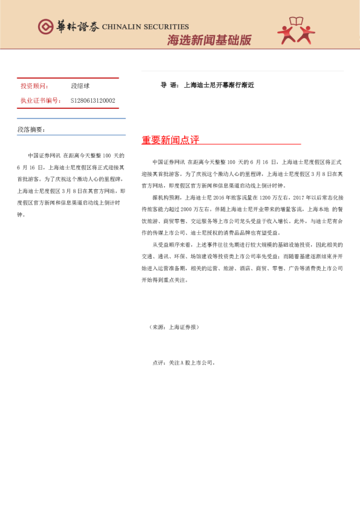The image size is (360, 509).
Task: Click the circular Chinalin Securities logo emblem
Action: (46, 27)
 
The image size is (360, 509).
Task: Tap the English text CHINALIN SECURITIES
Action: (145, 27)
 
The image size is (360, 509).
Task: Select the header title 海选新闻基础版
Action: (209, 41)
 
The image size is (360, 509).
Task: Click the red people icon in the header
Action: (296, 32)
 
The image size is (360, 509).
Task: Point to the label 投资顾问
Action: (35, 86)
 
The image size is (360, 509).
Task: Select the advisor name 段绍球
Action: (80, 86)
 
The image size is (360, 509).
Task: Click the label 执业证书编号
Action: (41, 100)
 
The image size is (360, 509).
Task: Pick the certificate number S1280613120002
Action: (93, 100)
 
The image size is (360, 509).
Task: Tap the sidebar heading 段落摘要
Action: (31, 129)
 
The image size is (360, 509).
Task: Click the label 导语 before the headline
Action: (168, 85)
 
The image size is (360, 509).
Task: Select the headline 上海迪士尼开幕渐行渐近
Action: (218, 85)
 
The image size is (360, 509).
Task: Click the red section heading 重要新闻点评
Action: (171, 140)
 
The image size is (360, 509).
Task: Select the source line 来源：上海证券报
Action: (174, 327)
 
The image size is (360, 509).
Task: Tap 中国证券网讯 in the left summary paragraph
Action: (44, 155)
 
